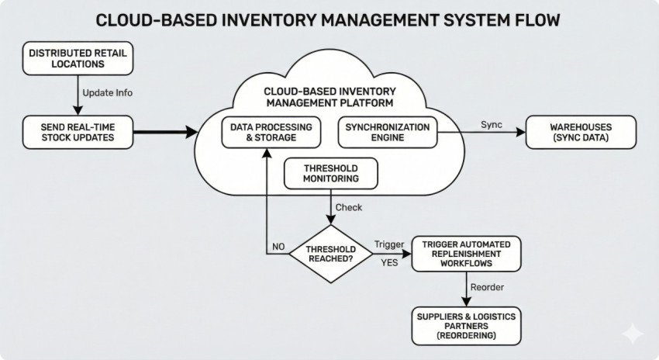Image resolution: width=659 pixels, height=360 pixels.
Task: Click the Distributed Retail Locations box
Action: point(78,59)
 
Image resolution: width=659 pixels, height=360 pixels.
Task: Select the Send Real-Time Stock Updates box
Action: point(77,132)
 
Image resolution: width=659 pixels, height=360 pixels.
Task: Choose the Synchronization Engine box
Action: point(387,132)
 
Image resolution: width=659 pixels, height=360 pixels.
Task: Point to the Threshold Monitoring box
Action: point(331,173)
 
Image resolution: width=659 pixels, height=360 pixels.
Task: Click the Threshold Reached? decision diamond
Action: point(331,254)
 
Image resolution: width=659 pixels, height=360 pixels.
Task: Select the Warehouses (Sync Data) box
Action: point(581,132)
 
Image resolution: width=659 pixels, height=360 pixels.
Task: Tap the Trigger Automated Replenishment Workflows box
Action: point(466,254)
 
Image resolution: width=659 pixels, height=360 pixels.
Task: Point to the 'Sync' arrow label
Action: point(492,124)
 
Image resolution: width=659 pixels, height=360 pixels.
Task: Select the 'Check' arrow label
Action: point(348,207)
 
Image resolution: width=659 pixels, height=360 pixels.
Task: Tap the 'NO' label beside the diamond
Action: point(278,247)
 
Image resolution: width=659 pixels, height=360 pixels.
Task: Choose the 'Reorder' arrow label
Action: point(488,288)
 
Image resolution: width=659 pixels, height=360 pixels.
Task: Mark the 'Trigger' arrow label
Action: point(389,244)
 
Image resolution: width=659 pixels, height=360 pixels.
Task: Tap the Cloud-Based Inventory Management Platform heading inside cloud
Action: point(329,96)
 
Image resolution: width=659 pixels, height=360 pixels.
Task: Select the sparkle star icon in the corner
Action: point(632,334)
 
